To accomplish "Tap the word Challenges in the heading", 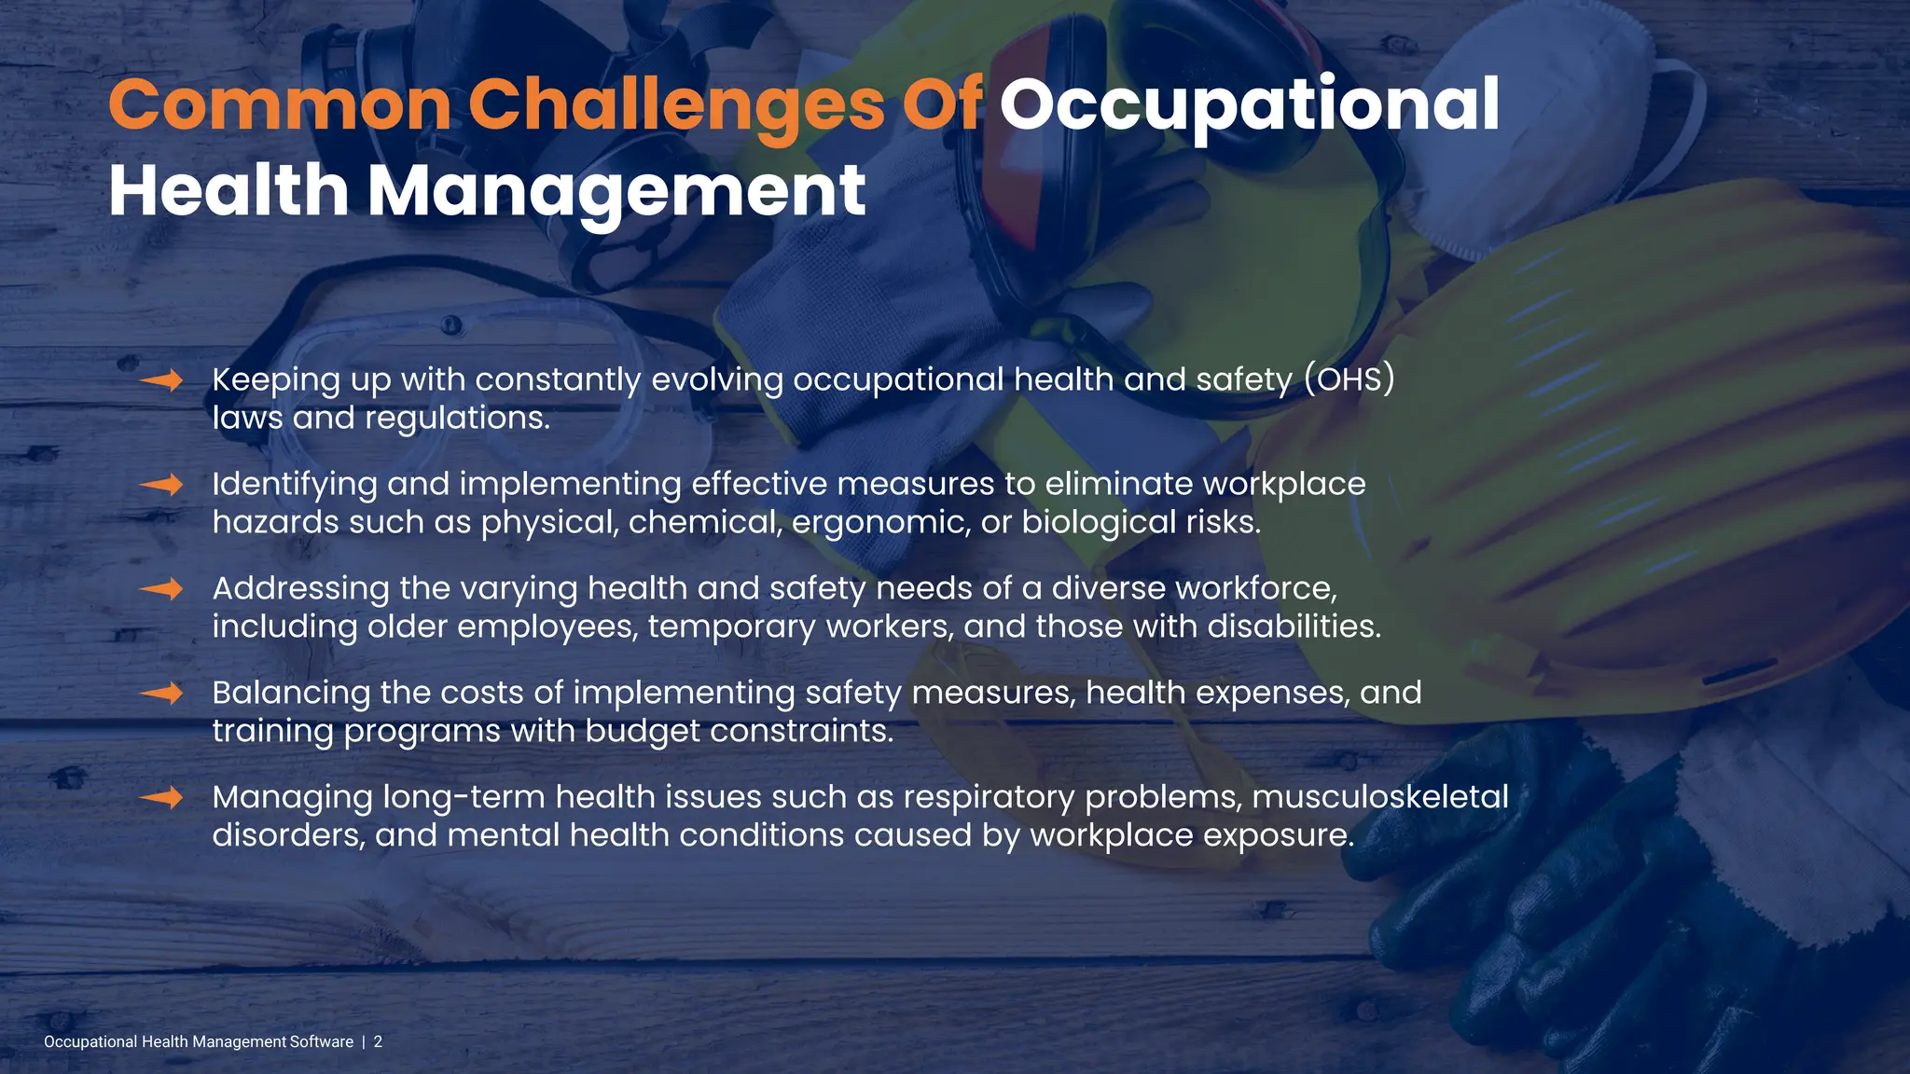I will tap(676, 106).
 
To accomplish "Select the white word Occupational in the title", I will tap(1250, 106).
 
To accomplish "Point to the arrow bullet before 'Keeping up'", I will tap(161, 380).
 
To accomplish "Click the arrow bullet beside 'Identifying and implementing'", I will tap(161, 485).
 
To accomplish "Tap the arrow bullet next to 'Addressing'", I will tap(161, 589).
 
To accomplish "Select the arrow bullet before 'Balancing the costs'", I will tap(161, 694).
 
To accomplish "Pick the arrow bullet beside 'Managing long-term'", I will tap(161, 798).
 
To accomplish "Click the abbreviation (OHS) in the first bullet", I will tap(1349, 379).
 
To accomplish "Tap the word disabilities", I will tap(1294, 626).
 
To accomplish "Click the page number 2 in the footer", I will tap(378, 1042).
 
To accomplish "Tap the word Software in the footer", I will tap(321, 1042).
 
